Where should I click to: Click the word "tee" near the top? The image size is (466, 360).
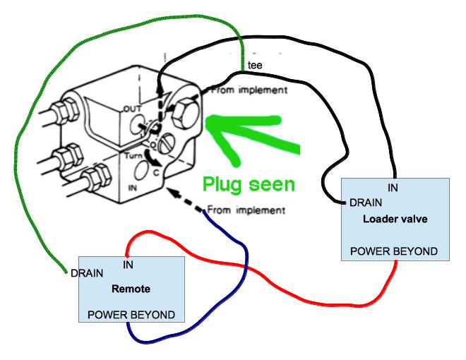pyautogui.click(x=253, y=66)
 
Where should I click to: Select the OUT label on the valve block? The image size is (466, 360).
pyautogui.click(x=133, y=109)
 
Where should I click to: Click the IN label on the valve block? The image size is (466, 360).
pyautogui.click(x=132, y=188)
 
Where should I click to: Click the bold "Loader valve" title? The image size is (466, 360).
pyautogui.click(x=395, y=218)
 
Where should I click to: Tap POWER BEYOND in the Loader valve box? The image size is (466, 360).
pyautogui.click(x=393, y=251)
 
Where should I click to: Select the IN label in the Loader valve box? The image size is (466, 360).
pyautogui.click(x=393, y=188)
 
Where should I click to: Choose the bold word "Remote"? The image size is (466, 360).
pyautogui.click(x=131, y=289)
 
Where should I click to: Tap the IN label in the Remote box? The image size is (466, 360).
pyautogui.click(x=129, y=265)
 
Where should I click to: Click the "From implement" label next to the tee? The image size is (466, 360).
pyautogui.click(x=249, y=90)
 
